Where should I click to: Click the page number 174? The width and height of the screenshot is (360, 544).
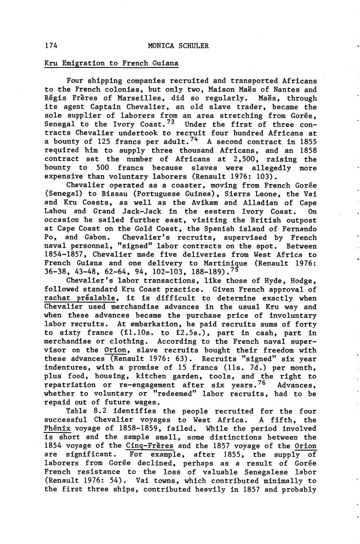click(x=51, y=46)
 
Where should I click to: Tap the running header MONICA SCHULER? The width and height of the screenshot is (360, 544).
click(x=178, y=46)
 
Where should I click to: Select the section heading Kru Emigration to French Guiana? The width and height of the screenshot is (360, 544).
click(x=112, y=63)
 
